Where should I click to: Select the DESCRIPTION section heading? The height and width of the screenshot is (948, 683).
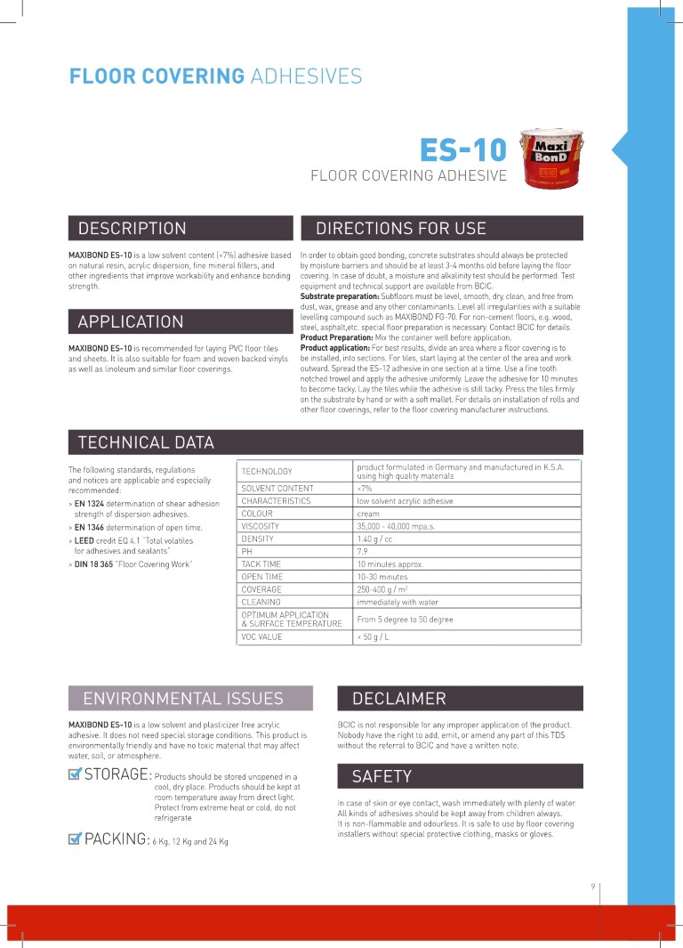click(133, 229)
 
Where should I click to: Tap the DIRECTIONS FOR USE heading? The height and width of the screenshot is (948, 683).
click(401, 229)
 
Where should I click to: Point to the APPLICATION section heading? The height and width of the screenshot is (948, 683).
click(131, 321)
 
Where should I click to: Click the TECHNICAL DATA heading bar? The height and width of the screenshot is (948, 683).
click(146, 442)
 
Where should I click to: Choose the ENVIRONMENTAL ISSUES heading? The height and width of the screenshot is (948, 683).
click(183, 698)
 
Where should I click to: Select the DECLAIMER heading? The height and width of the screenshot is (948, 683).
click(399, 698)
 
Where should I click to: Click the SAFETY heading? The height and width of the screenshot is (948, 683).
click(382, 776)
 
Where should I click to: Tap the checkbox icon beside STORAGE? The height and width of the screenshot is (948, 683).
click(76, 774)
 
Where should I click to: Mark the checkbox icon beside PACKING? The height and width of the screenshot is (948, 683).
click(76, 839)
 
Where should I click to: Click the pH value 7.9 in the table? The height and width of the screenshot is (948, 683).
click(363, 552)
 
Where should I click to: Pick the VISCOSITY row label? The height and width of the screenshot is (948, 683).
click(261, 526)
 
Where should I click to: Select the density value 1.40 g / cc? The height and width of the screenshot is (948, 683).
click(375, 539)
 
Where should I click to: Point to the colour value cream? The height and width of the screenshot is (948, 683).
click(368, 514)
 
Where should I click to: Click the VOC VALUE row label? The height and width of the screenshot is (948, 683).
click(262, 637)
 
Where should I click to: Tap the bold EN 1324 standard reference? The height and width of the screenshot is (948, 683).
click(92, 504)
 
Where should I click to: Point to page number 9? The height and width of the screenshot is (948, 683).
click(592, 886)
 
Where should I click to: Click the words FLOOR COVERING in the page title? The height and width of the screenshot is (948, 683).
click(157, 77)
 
